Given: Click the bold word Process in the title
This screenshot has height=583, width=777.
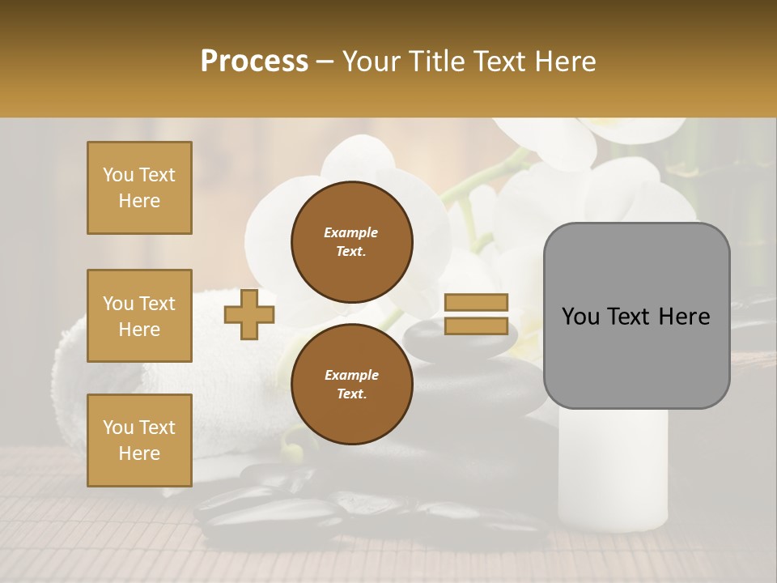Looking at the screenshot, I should click(254, 62).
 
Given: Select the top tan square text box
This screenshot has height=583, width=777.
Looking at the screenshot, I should click(139, 188).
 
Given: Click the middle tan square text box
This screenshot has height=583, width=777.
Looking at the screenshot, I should click(139, 316).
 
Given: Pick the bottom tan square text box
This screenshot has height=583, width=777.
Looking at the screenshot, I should click(139, 440).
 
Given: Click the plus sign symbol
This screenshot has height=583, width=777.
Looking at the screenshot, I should click(249, 315).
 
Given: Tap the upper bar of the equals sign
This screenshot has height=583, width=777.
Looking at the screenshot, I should click(476, 303).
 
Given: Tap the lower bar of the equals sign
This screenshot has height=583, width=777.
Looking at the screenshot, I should click(476, 326).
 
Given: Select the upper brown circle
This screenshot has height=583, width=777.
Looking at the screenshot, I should click(351, 241).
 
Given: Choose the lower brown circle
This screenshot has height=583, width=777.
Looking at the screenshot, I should click(351, 384).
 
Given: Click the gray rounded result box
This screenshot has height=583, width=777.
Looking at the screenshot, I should click(636, 316).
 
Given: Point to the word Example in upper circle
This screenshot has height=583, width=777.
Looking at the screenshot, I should click(351, 232).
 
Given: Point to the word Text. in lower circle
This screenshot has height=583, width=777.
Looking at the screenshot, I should click(351, 394).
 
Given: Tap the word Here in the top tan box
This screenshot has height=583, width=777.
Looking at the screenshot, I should click(139, 201).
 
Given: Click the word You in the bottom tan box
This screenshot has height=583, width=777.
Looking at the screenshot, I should click(118, 428).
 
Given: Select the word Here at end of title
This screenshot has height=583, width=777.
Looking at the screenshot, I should click(566, 62).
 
